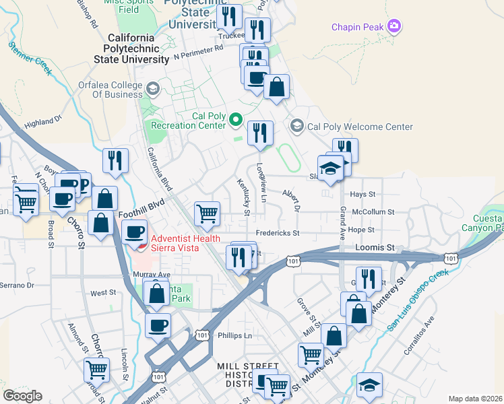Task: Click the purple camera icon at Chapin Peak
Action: (x=394, y=27)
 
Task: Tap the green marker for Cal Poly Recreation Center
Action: (x=235, y=120)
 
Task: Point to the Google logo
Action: (x=22, y=396)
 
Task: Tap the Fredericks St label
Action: (x=276, y=233)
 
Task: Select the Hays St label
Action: (x=363, y=194)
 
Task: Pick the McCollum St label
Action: (x=373, y=211)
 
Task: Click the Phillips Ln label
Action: (x=234, y=335)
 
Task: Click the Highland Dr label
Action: (x=43, y=122)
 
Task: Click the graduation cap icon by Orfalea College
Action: (x=153, y=89)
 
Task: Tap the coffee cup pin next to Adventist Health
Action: (x=135, y=231)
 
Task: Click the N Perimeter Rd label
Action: (x=198, y=50)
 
